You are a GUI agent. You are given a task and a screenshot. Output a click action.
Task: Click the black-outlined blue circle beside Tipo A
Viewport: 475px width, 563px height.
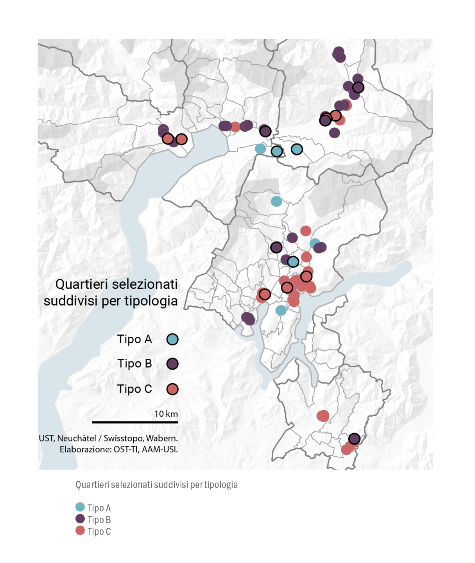[x=172, y=339]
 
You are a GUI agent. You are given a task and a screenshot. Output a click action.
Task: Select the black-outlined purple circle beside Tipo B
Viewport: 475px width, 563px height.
[x=172, y=364]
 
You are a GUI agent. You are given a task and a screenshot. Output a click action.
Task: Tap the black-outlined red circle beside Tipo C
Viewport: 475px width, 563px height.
[x=172, y=389]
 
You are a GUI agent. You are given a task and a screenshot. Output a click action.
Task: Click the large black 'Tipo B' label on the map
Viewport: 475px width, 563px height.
[x=134, y=364]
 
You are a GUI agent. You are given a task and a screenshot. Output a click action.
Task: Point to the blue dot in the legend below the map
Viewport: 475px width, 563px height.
[x=80, y=507]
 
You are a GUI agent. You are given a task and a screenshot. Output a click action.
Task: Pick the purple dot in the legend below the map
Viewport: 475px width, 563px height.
[x=80, y=519]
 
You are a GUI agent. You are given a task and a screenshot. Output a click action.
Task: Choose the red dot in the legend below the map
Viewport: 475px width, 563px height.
[x=80, y=531]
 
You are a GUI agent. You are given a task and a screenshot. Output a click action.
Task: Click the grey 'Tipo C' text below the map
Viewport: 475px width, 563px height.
[x=99, y=531]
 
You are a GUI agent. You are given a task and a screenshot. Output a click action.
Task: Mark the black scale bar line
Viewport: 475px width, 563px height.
[x=135, y=422]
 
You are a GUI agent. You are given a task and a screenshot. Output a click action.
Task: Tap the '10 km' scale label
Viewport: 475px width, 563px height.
[x=166, y=414]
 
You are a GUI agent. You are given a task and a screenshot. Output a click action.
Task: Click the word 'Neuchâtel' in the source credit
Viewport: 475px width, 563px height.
[x=77, y=438]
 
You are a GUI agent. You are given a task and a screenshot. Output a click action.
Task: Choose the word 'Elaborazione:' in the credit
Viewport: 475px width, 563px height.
[x=86, y=449]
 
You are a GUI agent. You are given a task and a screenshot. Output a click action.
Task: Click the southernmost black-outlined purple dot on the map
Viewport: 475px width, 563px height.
[x=354, y=439]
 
